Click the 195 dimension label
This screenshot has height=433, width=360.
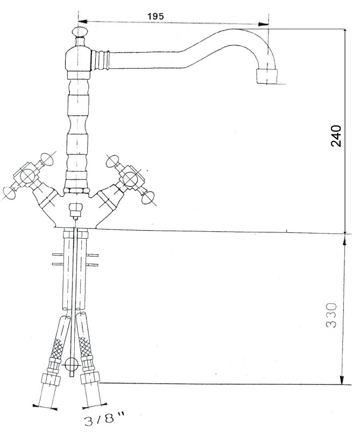pos(156,16)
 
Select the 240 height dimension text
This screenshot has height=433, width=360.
pos(336,136)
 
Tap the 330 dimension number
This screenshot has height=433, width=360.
pos(331,315)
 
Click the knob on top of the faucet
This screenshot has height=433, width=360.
pos(79,31)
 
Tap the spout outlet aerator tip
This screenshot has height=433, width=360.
pos(266,76)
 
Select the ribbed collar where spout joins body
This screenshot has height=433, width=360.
pos(100,59)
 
